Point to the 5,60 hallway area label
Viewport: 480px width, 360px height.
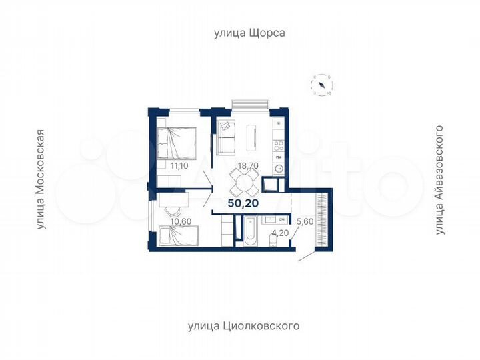[303, 222]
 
